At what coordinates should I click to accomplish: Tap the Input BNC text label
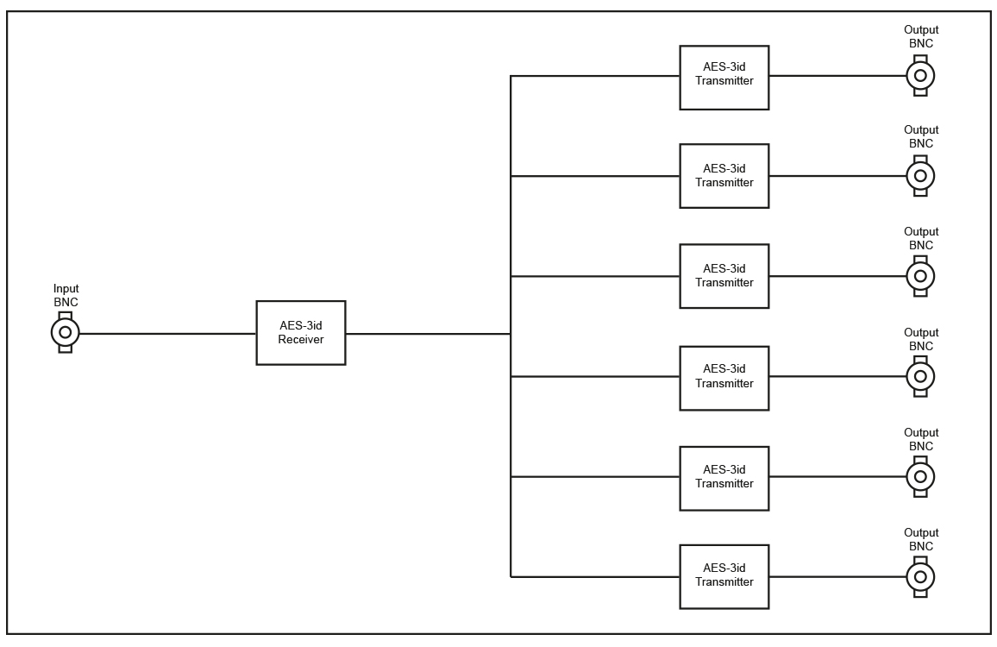pyautogui.click(x=66, y=295)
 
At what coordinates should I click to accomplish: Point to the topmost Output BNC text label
pyautogui.click(x=921, y=36)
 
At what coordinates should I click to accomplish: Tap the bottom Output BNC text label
pyautogui.click(x=921, y=539)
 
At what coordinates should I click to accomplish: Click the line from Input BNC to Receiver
pyautogui.click(x=168, y=333)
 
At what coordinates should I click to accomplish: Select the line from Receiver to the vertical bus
pyautogui.click(x=428, y=333)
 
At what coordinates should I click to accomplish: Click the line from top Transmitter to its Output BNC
pyautogui.click(x=838, y=76)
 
